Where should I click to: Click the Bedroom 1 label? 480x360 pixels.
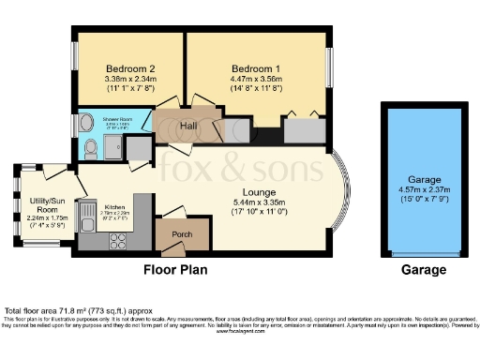tap(257, 68)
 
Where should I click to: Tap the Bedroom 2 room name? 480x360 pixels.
tap(126, 68)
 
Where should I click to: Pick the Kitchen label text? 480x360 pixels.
tap(114, 205)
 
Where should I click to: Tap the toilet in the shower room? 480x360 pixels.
tap(90, 148)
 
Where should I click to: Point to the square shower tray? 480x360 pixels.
tap(114, 145)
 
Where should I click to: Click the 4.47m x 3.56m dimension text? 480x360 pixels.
tap(257, 81)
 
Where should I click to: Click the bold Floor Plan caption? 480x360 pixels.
tap(174, 270)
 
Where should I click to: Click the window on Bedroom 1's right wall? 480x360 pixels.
tap(329, 67)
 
